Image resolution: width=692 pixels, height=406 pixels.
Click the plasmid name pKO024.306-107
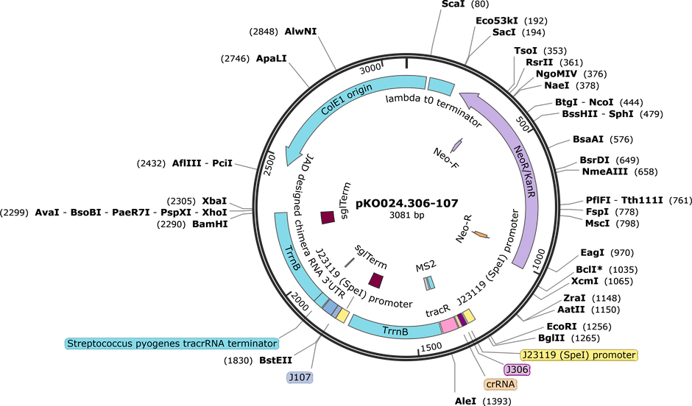(407, 203)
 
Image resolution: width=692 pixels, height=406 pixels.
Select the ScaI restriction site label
(453, 4)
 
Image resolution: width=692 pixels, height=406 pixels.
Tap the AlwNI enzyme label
(300, 32)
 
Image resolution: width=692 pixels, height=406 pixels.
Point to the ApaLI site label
(272, 58)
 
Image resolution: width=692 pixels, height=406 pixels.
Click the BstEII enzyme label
(275, 360)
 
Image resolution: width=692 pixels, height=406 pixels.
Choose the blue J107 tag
(300, 377)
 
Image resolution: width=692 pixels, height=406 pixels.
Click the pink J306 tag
(517, 369)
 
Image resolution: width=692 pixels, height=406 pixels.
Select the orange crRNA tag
(500, 384)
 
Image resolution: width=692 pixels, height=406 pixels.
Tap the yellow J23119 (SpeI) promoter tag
(579, 355)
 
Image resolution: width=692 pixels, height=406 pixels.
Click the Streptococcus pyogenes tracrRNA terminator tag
(172, 343)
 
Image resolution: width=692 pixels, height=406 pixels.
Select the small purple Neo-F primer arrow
(456, 144)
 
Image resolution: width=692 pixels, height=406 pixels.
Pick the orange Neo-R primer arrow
(481, 235)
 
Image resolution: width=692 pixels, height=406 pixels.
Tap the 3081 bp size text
(406, 216)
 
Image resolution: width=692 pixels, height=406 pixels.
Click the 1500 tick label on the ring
(431, 347)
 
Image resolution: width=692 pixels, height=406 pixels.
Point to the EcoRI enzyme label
(562, 327)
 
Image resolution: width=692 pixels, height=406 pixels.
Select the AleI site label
(465, 401)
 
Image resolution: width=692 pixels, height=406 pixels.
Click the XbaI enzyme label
(214, 201)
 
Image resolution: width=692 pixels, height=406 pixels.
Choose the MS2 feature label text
(426, 266)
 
